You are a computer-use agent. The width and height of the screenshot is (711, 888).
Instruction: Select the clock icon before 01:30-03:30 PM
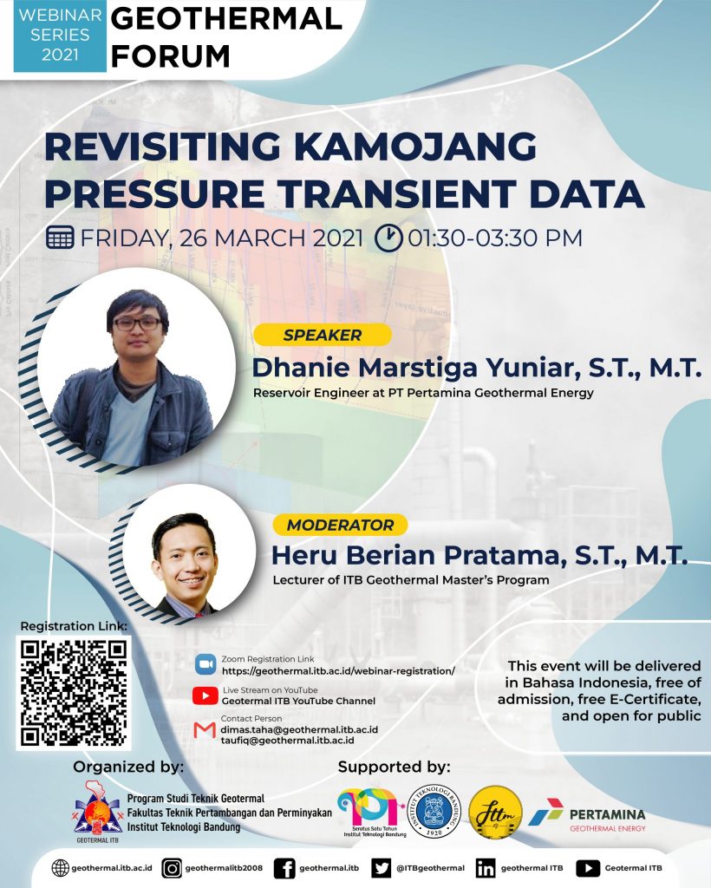388,237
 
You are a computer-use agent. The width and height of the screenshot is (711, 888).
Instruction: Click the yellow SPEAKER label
322,335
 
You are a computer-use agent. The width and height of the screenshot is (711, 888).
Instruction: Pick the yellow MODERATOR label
340,525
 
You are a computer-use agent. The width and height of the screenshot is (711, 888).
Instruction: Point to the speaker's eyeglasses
137,323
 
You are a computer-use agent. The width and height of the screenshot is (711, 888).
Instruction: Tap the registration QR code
74,692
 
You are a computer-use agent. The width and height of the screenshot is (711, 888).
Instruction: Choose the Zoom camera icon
205,664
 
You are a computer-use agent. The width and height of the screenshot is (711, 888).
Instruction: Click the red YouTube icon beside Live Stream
205,695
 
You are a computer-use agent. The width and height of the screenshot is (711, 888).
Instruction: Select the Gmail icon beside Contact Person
205,729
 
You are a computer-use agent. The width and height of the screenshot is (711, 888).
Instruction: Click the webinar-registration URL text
338,671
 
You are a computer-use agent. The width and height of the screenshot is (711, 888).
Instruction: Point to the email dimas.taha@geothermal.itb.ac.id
299,730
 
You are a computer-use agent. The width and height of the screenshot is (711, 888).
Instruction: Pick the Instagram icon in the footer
173,868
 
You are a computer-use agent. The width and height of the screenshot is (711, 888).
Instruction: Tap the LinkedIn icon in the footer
486,868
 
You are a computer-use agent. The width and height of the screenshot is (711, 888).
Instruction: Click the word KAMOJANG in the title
417,147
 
